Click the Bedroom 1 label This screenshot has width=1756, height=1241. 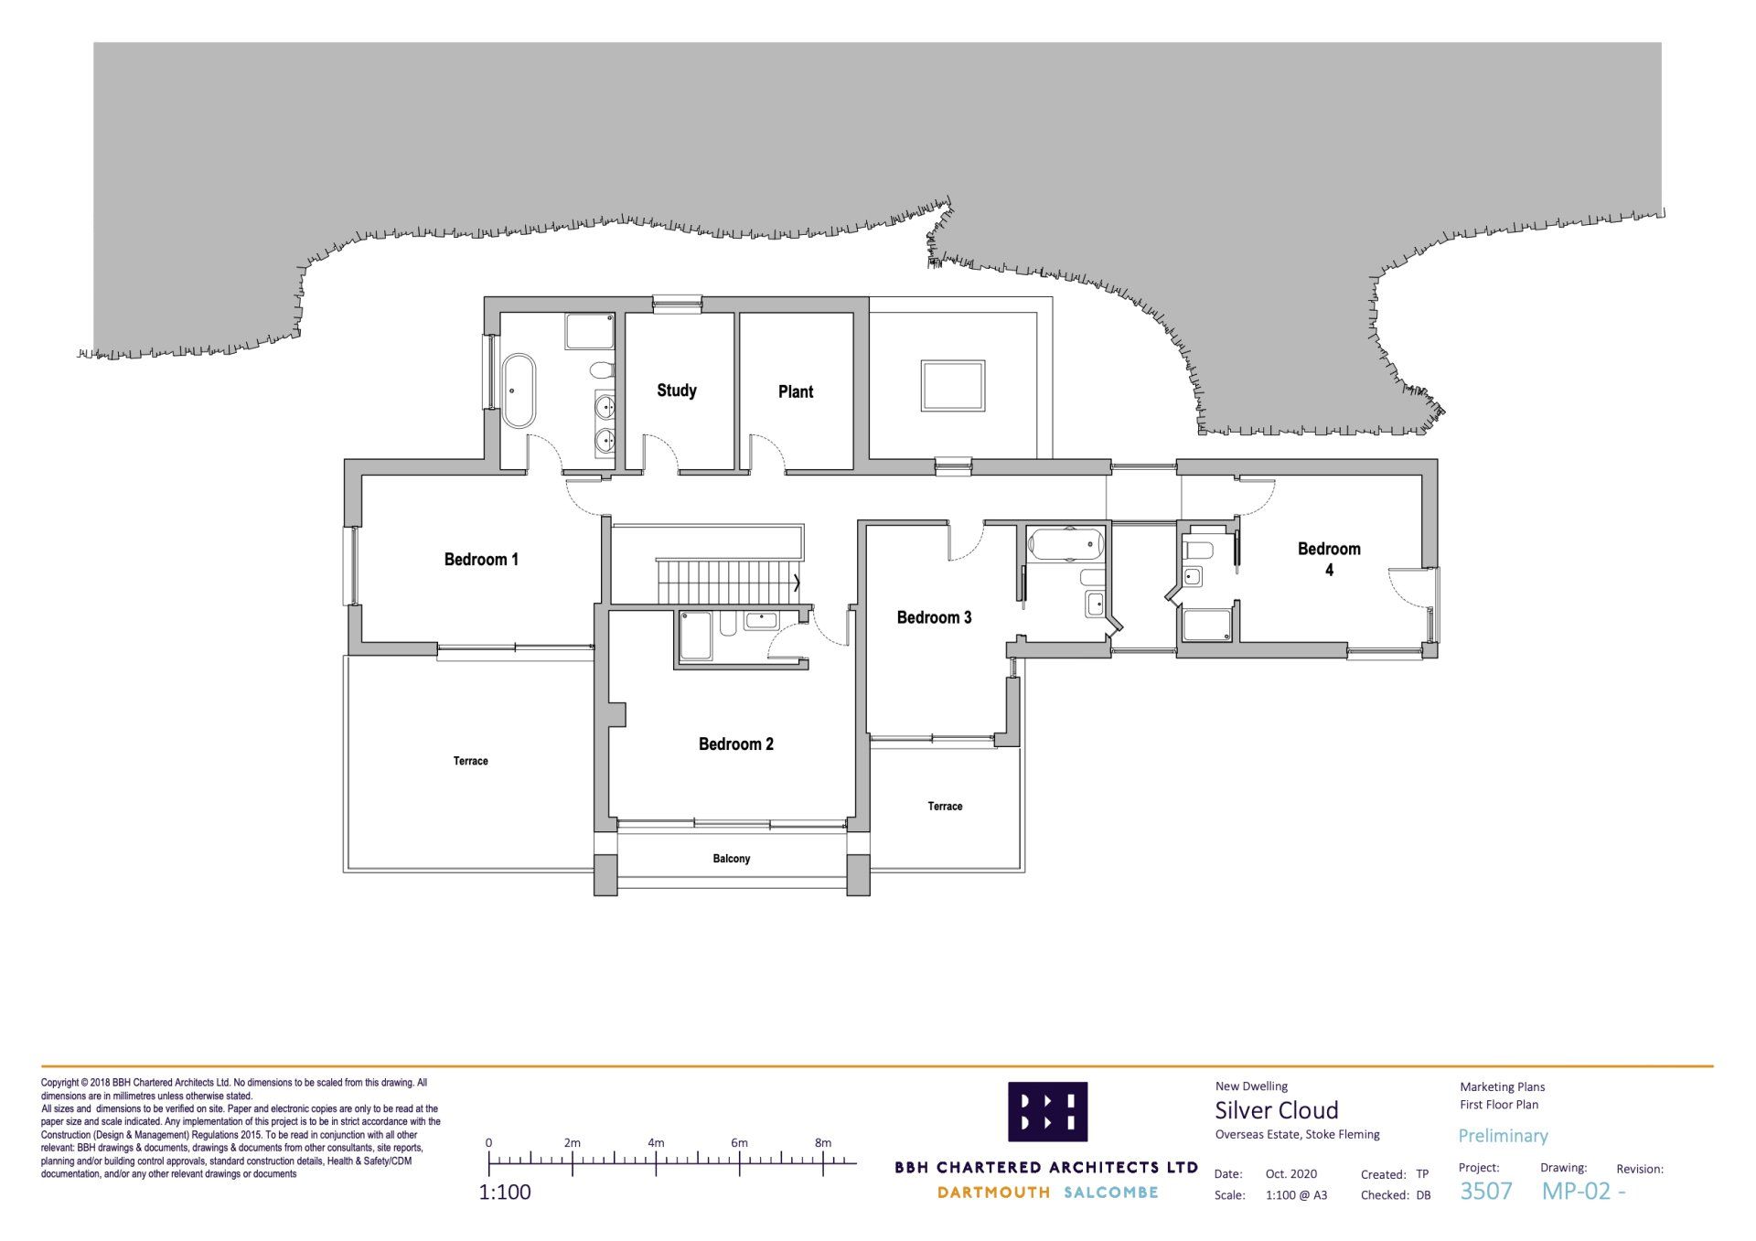[x=481, y=560]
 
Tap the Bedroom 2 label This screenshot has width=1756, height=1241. [x=736, y=744]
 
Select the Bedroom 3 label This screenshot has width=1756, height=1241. [x=934, y=617]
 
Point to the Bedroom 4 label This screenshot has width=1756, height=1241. [x=1329, y=559]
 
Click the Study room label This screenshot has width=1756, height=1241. [x=677, y=390]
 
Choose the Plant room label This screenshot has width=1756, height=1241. [x=796, y=391]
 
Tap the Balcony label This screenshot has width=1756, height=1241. [x=732, y=859]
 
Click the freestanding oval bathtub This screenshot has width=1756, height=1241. [x=519, y=390]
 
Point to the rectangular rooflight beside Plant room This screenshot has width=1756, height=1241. [x=953, y=386]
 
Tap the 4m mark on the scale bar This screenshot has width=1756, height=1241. [x=656, y=1163]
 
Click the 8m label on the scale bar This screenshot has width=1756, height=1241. [x=823, y=1142]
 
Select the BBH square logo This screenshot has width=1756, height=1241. [x=1048, y=1111]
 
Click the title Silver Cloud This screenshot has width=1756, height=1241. [x=1276, y=1110]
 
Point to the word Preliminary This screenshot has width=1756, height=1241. [x=1503, y=1136]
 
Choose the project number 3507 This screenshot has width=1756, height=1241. [x=1485, y=1191]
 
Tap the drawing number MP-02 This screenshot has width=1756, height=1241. [x=1576, y=1191]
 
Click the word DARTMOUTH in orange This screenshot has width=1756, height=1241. [x=993, y=1193]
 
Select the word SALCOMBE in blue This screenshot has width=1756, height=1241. [x=1111, y=1193]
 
